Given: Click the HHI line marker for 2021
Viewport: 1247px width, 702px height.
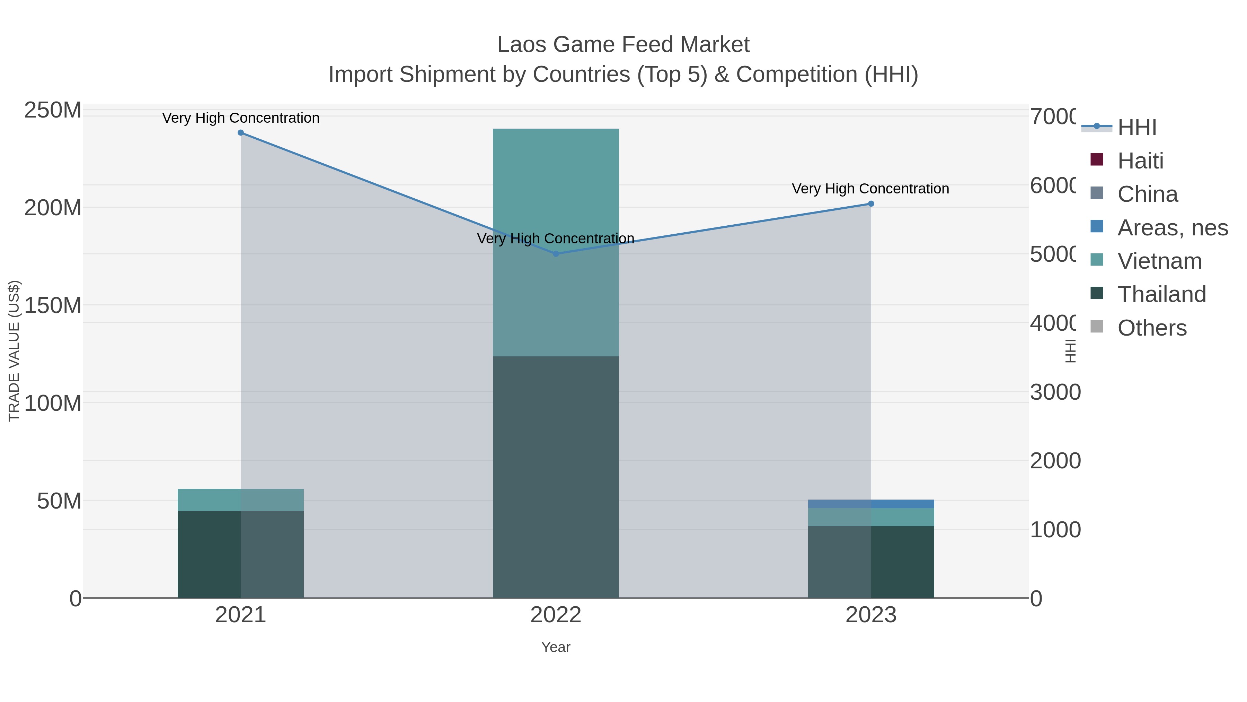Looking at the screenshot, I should pyautogui.click(x=241, y=133).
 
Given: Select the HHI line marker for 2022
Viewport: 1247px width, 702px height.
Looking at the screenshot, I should pyautogui.click(x=556, y=254).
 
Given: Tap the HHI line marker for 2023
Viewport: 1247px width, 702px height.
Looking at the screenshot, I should pyautogui.click(x=871, y=204).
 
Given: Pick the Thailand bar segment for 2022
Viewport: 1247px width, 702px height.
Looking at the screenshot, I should pyautogui.click(x=556, y=477).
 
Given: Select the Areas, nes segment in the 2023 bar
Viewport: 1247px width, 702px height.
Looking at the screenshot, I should pyautogui.click(x=871, y=504).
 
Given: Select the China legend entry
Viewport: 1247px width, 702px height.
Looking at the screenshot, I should pyautogui.click(x=1147, y=194).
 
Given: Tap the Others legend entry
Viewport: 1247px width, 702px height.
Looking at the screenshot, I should pyautogui.click(x=1152, y=328).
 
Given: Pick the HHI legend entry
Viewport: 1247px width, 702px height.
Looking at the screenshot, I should pyautogui.click(x=1137, y=128).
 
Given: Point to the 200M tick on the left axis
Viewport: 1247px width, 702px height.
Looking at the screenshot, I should pyautogui.click(x=53, y=208).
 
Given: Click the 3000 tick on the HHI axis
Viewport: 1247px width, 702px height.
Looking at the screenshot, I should pyautogui.click(x=1055, y=392).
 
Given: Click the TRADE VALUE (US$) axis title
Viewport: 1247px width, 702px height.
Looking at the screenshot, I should pyautogui.click(x=14, y=351).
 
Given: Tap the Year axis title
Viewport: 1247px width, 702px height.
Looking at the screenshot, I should pyautogui.click(x=556, y=647).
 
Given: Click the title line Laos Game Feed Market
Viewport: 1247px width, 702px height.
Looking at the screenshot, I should pyautogui.click(x=623, y=45).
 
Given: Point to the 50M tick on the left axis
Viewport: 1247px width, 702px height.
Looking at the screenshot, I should pyautogui.click(x=59, y=501).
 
